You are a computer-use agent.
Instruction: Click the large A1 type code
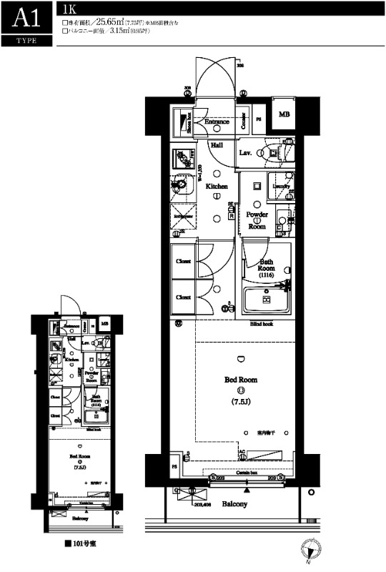point(26,18)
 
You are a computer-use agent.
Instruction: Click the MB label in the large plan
point(284,114)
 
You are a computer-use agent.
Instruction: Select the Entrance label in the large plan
point(217,122)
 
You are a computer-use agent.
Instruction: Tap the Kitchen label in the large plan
point(217,186)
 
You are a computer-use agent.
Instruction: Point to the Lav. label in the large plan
point(244,152)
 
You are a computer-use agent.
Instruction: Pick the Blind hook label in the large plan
point(261,324)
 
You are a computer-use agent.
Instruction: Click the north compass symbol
point(310,550)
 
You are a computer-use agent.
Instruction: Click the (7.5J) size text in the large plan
point(242,403)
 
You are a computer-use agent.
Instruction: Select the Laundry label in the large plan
point(281,187)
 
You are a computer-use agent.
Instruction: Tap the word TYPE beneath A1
point(26,41)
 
